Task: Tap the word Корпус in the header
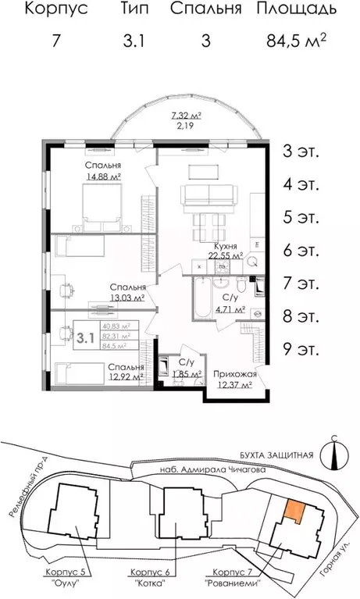click(55, 10)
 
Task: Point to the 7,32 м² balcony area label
click(187, 116)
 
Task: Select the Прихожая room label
click(234, 374)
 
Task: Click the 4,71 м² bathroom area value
click(230, 309)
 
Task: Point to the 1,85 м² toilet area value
click(186, 375)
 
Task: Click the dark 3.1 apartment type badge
click(85, 338)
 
